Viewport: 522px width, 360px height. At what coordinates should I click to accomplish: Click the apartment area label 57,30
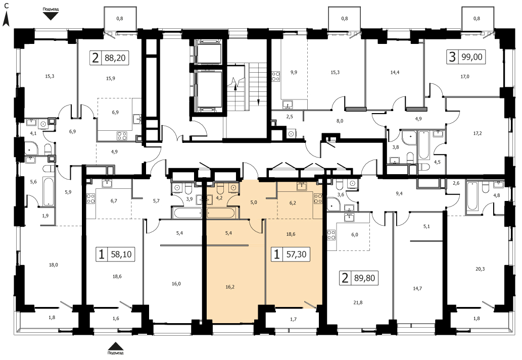click(296, 255)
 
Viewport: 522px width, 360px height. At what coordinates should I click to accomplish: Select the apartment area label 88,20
click(115, 58)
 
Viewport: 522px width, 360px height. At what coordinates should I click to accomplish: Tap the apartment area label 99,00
click(472, 57)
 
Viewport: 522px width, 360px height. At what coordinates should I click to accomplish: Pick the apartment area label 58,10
click(121, 255)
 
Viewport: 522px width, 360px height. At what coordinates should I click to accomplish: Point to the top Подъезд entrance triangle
click(50, 16)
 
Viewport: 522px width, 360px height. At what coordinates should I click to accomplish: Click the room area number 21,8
click(358, 302)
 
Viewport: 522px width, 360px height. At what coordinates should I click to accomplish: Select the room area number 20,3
click(480, 269)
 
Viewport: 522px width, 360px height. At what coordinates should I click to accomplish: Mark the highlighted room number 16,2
click(230, 286)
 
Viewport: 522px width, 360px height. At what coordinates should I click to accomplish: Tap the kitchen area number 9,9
click(293, 72)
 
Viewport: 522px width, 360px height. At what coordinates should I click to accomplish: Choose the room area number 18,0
click(53, 265)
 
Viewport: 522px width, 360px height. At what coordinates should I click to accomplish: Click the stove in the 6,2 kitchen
click(317, 199)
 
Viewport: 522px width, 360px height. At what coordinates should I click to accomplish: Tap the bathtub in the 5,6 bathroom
click(49, 191)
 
